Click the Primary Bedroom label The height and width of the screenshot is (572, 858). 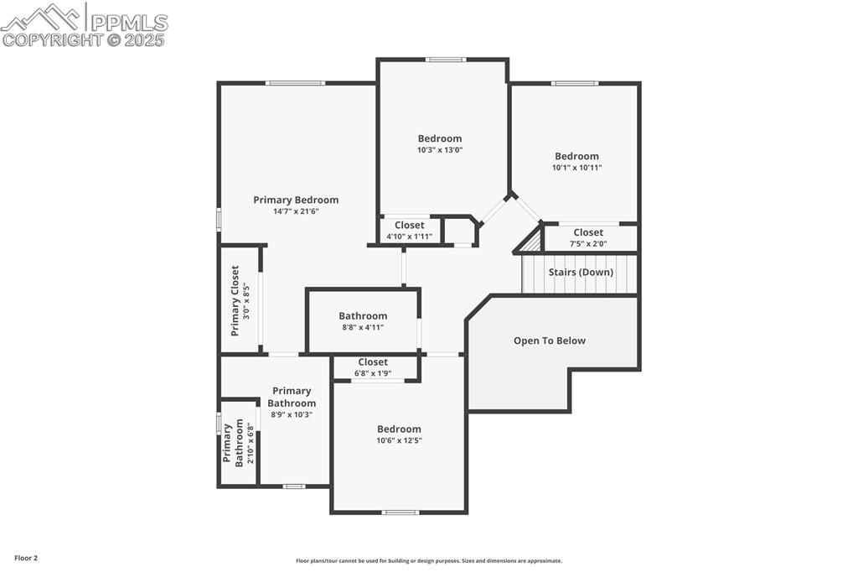pos(296,200)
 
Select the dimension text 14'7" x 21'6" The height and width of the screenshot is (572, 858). pos(296,211)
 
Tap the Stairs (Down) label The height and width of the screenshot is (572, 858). pos(581,273)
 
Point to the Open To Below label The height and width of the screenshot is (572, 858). pos(549,341)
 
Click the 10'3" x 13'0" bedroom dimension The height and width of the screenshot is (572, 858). pos(440,150)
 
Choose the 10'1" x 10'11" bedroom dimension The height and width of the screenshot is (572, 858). pos(576,168)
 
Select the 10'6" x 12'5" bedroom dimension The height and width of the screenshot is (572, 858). pos(399,440)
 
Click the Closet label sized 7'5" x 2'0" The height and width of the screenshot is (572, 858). pos(588,232)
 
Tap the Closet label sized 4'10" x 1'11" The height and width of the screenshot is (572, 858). pos(409,225)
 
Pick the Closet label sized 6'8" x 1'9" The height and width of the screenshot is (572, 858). pos(373,362)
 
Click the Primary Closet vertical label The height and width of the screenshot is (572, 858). pos(235,300)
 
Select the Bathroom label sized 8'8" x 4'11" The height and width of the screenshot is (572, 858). pos(363,316)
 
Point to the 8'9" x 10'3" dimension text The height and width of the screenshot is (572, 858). pos(291,414)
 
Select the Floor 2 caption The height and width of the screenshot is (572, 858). pos(25,558)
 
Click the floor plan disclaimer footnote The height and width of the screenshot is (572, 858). pos(428,561)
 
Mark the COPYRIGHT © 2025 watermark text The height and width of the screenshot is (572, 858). pos(84,39)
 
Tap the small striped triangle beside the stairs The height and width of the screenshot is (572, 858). pos(530,242)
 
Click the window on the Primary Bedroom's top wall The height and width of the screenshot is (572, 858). pos(295,83)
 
